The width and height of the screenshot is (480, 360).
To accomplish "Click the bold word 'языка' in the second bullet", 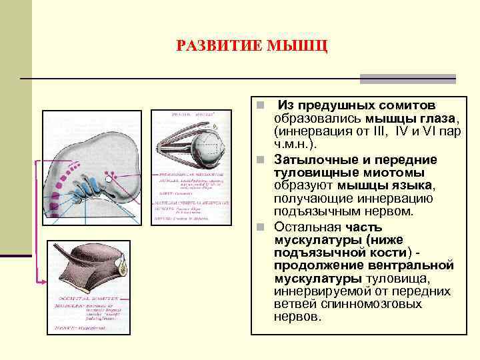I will coord(417,185).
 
